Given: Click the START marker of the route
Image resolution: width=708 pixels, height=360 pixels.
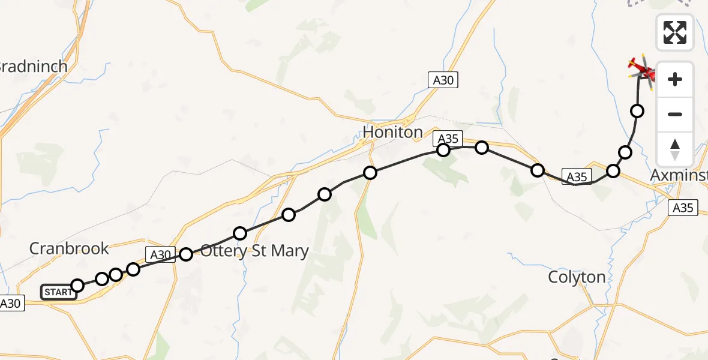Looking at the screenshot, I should pyautogui.click(x=58, y=292).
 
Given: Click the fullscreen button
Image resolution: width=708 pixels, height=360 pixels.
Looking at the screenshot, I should pyautogui.click(x=675, y=32).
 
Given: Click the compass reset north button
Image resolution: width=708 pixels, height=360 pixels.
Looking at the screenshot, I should pyautogui.click(x=675, y=149).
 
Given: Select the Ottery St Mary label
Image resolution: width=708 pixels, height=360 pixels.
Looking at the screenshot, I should pyautogui.click(x=254, y=251).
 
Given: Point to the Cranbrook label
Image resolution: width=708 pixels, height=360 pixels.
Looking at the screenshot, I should pyautogui.click(x=70, y=248).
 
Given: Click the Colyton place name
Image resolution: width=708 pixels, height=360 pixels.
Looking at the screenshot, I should pyautogui.click(x=577, y=277).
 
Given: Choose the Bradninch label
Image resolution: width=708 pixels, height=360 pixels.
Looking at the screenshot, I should pyautogui.click(x=34, y=66).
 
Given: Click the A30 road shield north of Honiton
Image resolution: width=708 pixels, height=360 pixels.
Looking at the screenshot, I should pyautogui.click(x=443, y=80).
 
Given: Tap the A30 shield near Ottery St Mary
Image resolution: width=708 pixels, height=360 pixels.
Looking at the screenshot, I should pyautogui.click(x=160, y=255).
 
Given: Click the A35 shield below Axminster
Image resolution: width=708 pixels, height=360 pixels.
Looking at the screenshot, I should pyautogui.click(x=683, y=208).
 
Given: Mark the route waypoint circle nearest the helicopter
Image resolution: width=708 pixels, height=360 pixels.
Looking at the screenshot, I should pyautogui.click(x=637, y=111).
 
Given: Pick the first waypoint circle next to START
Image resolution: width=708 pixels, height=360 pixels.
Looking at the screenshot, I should pyautogui.click(x=77, y=285).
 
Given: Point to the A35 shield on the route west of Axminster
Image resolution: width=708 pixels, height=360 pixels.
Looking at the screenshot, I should pyautogui.click(x=577, y=176).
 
